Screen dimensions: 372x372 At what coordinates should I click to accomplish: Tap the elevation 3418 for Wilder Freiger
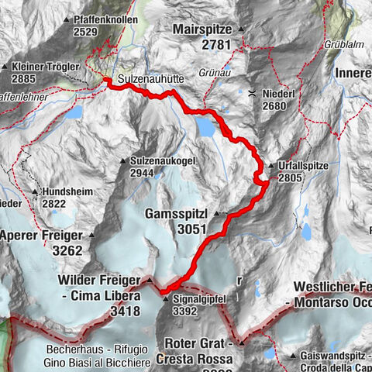tap(126, 311)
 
